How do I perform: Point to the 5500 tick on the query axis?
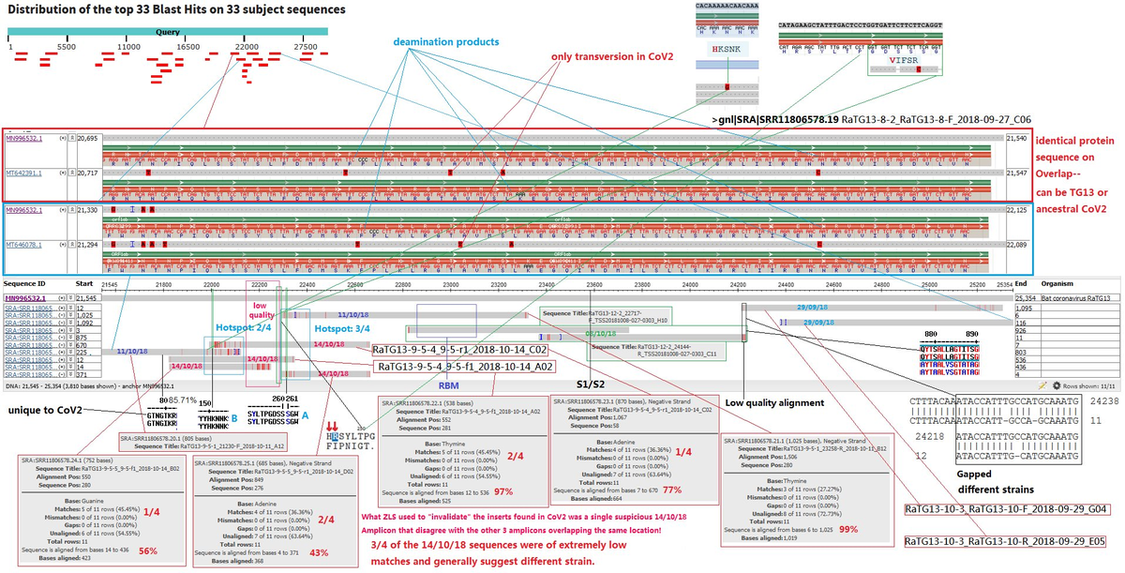click(x=67, y=46)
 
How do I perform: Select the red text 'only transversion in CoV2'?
click(x=612, y=56)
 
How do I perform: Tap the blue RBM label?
click(x=449, y=384)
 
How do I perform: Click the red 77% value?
click(x=671, y=490)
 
